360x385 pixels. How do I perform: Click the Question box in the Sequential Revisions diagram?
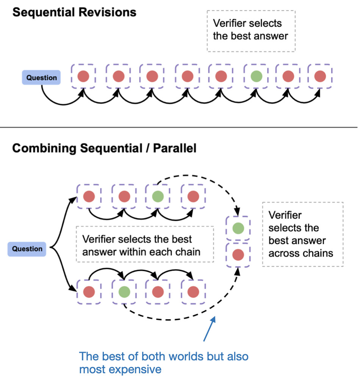41,78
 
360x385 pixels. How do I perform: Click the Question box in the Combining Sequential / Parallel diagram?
27,249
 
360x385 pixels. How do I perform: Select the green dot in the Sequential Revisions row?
256,77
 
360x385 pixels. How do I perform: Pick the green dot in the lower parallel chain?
124,292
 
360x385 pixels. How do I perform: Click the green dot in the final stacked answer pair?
238,228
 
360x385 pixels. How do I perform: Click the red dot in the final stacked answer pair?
238,255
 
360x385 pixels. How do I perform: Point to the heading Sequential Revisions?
74,12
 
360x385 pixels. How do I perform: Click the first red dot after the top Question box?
83,77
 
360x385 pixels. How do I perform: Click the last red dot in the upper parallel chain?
193,196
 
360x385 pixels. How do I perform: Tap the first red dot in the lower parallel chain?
89,292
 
